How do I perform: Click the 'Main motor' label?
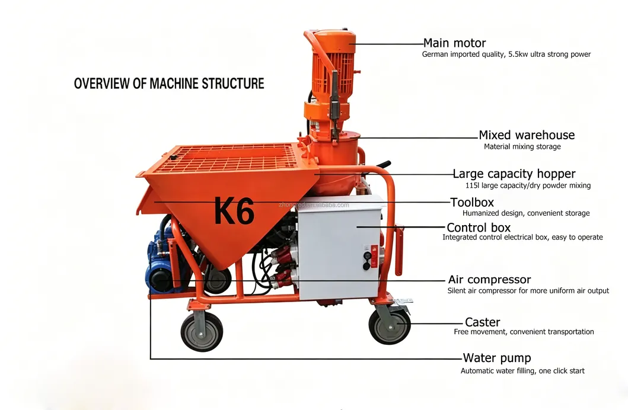454,43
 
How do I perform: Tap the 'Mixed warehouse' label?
527,135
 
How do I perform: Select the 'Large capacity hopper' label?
514,174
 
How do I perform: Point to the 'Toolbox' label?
472,203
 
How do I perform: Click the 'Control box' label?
479,228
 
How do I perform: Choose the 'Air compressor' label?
489,280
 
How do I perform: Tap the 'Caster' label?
482,322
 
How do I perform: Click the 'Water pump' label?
496,358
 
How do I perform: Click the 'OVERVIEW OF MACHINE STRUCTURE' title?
169,84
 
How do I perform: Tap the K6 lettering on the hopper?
234,211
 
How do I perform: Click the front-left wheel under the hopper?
202,332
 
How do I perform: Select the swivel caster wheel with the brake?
390,325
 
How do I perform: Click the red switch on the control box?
374,256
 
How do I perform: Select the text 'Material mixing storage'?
522,147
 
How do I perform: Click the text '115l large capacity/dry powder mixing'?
528,185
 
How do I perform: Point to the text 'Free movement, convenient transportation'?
524,332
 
